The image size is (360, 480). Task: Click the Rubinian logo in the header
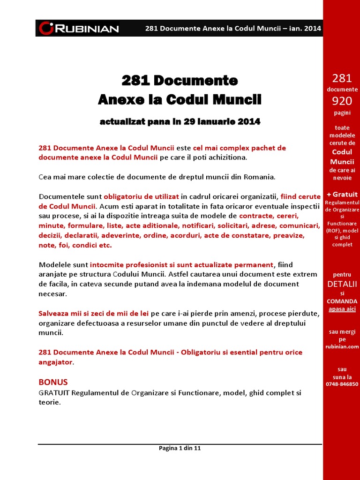79,28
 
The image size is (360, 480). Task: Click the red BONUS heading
52,382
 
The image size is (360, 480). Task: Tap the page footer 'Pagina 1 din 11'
180,448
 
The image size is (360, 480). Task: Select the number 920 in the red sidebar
342,101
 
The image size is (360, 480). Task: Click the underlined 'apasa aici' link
342,309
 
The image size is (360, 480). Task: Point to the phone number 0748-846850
342,384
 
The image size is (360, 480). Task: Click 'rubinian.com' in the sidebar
342,346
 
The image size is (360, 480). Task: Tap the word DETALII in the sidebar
342,284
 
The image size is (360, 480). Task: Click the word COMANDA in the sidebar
342,301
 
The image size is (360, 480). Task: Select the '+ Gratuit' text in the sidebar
342,194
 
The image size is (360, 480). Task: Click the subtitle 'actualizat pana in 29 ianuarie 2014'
180,122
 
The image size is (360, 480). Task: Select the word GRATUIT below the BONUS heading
54,392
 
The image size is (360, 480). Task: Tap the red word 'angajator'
55,362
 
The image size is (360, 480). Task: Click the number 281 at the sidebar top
342,78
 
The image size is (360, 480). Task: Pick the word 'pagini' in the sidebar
342,112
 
